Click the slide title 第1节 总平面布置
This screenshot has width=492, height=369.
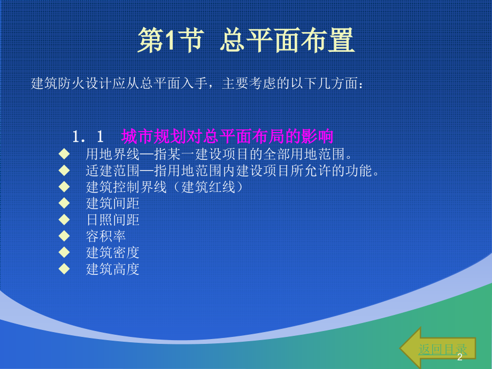(245, 41)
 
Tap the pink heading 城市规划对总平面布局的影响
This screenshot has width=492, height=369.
(227, 136)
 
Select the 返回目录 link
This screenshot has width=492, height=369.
(442, 349)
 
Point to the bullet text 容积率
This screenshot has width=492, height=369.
(106, 236)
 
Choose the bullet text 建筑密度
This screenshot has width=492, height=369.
(112, 252)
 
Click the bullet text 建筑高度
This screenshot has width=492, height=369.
(112, 269)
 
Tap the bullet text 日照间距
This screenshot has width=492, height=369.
(112, 220)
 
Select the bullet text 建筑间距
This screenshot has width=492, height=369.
(112, 203)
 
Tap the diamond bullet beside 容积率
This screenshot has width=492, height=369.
(64, 235)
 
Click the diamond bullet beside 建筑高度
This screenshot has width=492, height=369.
(64, 268)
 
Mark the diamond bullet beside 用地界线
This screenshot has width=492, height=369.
(64, 154)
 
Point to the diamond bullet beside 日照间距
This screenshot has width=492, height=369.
(64, 219)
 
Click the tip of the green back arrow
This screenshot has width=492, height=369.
(402, 348)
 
